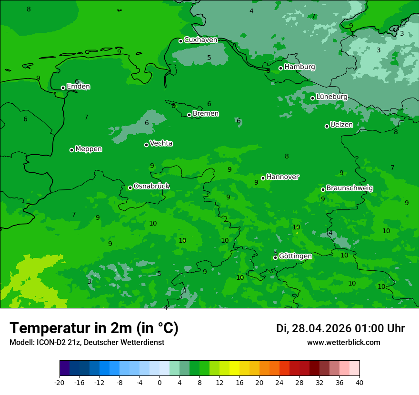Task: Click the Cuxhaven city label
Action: (200, 40)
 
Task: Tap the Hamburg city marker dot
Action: (281, 68)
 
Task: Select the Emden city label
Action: (78, 87)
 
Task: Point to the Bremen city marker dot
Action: (189, 115)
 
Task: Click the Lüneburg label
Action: (331, 97)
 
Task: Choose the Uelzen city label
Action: (341, 125)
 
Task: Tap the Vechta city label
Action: (161, 143)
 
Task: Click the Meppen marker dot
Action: (72, 150)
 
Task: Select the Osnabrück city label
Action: (151, 186)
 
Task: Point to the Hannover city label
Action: (282, 177)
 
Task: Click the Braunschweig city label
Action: (349, 188)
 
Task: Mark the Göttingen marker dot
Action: (275, 258)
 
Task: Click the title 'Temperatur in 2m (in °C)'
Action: (94, 328)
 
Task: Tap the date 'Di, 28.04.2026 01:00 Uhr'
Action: (340, 328)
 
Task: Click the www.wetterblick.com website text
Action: (343, 343)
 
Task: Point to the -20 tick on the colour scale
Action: (60, 383)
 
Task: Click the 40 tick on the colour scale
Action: (359, 383)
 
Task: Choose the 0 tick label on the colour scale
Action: (160, 383)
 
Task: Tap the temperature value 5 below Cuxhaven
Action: (209, 58)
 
